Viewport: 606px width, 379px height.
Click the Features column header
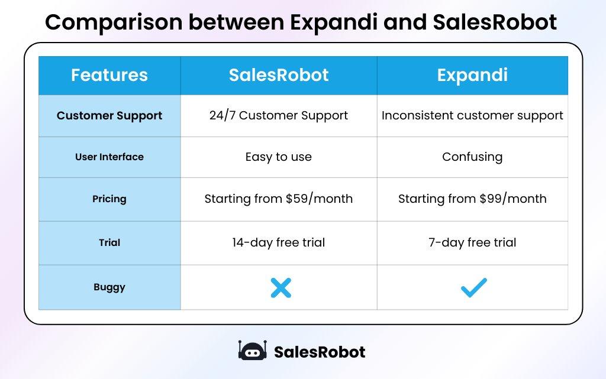tap(109, 76)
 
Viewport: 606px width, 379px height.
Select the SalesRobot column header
tap(279, 76)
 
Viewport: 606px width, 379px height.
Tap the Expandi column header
tap(472, 76)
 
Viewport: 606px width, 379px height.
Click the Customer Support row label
tap(109, 116)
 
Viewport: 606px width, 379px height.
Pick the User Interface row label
tap(109, 157)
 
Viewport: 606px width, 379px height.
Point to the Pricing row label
tap(109, 199)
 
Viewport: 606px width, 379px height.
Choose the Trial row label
tap(109, 242)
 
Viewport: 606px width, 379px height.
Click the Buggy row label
tap(109, 287)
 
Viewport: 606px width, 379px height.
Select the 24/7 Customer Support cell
tap(279, 116)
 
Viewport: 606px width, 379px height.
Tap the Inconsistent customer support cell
tap(472, 116)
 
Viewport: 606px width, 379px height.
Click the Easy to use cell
tap(279, 157)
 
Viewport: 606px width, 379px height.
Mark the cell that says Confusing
tap(472, 157)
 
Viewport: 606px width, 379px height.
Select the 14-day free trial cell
tap(279, 242)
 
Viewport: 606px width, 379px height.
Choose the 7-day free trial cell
tap(472, 242)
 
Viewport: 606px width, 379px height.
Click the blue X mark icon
tap(281, 288)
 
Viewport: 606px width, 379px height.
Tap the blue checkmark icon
tap(473, 287)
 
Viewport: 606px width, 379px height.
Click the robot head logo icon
tap(253, 351)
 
